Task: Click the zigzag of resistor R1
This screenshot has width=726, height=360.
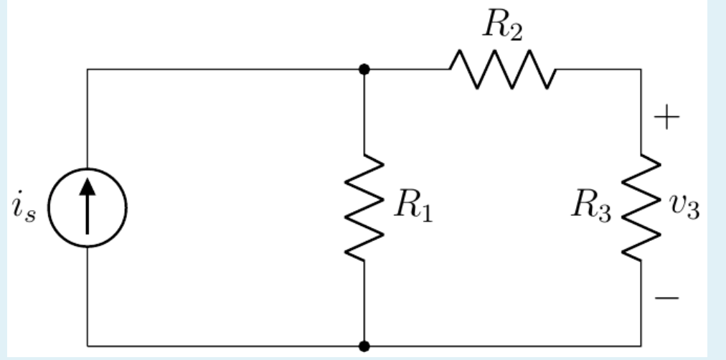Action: [x=364, y=207]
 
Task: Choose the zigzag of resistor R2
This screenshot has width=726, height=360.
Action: [x=502, y=70]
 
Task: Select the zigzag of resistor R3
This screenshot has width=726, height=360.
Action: [x=641, y=207]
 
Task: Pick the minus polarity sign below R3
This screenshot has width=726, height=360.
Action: [x=667, y=296]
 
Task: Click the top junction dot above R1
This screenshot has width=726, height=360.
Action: [x=364, y=70]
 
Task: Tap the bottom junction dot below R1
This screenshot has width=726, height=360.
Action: [x=364, y=346]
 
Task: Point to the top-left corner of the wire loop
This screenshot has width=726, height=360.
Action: [x=88, y=70]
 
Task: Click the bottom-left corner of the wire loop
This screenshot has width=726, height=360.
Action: [x=88, y=346]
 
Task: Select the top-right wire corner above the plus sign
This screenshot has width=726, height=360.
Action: [x=641, y=70]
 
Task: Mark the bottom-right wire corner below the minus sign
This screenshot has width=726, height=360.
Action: [x=641, y=346]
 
